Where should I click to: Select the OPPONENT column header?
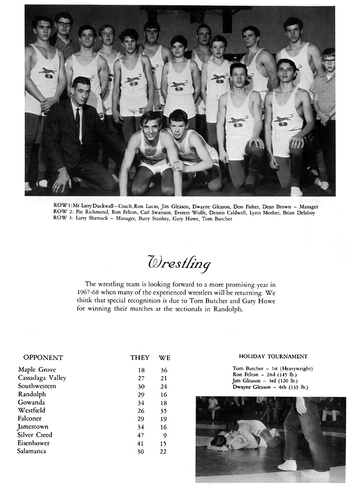43,357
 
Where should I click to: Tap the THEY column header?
140,358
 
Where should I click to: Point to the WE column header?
165,358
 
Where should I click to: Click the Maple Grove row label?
37,369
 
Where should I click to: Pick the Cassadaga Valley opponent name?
42,378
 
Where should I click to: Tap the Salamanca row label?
35,451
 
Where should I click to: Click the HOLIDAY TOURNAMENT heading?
273,357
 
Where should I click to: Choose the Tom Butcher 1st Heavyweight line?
273,369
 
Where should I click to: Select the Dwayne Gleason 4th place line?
270,387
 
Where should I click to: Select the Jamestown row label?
33,427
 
